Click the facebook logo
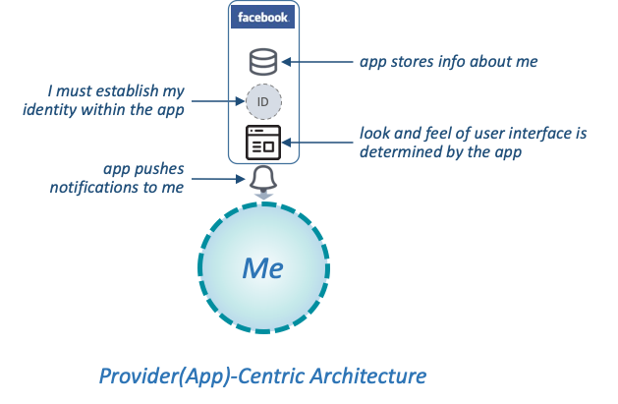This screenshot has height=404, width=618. [x=262, y=17]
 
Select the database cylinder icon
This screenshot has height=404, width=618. [x=263, y=62]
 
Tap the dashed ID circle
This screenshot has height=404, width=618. [x=263, y=101]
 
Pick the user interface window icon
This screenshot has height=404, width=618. [x=263, y=143]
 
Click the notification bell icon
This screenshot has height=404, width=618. [x=263, y=179]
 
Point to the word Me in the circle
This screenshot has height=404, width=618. [x=262, y=268]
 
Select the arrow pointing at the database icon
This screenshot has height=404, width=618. [x=317, y=62]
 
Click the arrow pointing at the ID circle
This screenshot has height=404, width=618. [x=218, y=101]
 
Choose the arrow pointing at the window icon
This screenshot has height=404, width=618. [x=317, y=143]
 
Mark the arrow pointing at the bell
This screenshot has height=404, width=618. [x=218, y=179]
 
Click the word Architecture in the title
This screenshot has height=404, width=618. [x=368, y=375]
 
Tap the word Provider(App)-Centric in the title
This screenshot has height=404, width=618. [x=202, y=376]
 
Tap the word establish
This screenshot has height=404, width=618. [x=127, y=90]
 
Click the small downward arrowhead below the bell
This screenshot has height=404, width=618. [x=263, y=196]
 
